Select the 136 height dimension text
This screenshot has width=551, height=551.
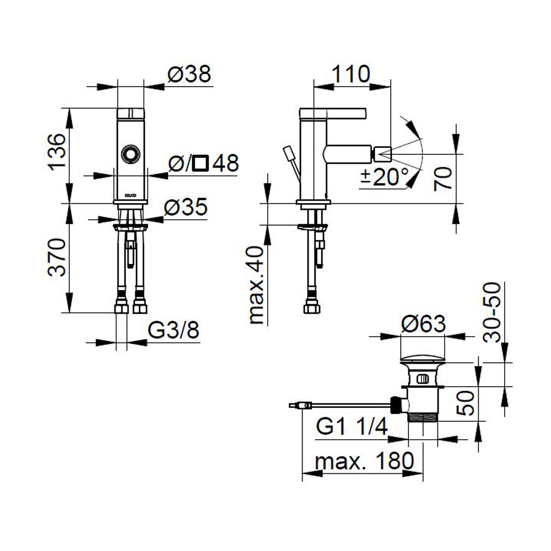58,153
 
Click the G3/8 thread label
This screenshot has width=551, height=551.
174,332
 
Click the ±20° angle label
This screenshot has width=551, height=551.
385,177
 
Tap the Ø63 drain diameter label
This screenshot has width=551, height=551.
423,325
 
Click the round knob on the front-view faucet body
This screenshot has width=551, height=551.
131,154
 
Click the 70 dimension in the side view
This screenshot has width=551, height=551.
444,178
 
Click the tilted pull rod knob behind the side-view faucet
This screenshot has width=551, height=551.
288,152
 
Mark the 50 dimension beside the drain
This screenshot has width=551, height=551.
464,403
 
